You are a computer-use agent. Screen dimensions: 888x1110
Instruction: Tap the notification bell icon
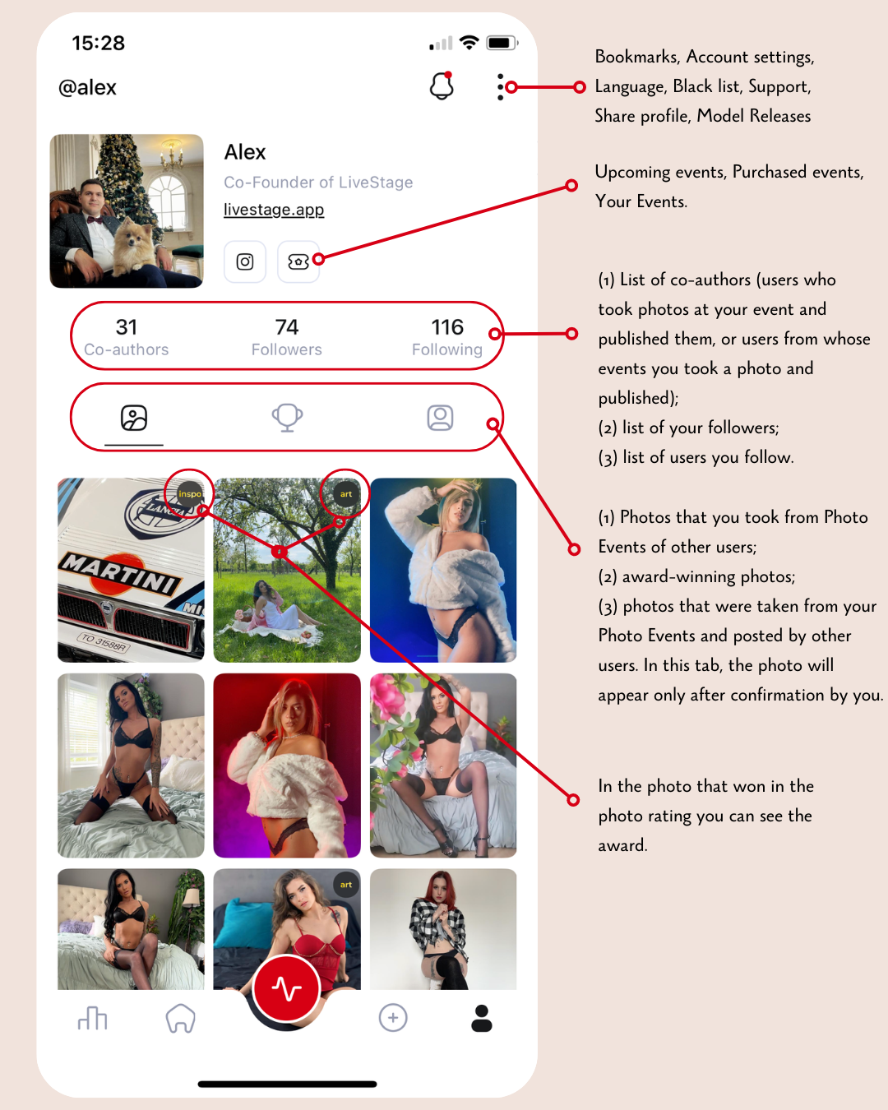(x=442, y=86)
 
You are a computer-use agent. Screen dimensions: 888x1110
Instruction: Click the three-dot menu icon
(x=500, y=87)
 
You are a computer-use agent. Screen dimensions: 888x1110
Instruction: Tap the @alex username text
(x=88, y=88)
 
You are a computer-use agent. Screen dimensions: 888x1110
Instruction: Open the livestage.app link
(x=274, y=210)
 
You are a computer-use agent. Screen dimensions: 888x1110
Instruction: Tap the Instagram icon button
(x=244, y=261)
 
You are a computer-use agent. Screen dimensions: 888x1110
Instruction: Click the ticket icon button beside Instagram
(x=298, y=261)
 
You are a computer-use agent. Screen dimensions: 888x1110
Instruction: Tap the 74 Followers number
(x=286, y=327)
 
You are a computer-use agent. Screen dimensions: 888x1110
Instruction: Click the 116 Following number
(x=447, y=327)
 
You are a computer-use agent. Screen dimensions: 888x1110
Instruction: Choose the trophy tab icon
(x=288, y=418)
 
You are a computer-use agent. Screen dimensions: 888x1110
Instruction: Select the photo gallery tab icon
(x=134, y=418)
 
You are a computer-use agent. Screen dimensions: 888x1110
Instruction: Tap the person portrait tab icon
(x=440, y=418)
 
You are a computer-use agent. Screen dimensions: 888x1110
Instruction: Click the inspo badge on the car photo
(x=190, y=493)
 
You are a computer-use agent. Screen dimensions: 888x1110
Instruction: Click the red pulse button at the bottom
(x=287, y=988)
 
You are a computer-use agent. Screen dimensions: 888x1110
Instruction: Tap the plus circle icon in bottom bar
(x=393, y=1018)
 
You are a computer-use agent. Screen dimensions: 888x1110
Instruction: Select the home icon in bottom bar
(x=180, y=1018)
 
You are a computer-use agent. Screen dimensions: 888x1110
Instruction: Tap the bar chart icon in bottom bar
(x=92, y=1018)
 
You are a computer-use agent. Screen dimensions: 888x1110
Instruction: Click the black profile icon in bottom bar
(x=481, y=1018)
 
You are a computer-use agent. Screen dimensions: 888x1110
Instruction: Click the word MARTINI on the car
(x=120, y=572)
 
